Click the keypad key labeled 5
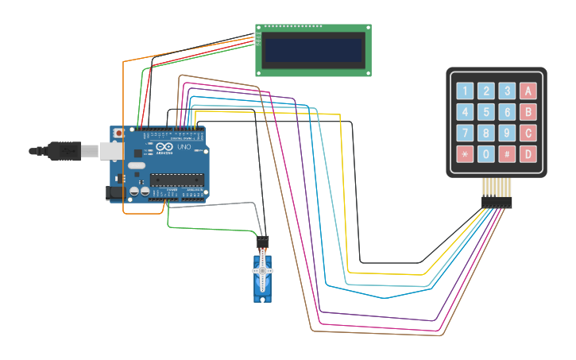pyautogui.click(x=486, y=112)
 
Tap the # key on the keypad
pyautogui.click(x=507, y=153)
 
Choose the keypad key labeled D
pyautogui.click(x=528, y=153)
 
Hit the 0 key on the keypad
pyautogui.click(x=486, y=153)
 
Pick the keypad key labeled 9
pyautogui.click(x=507, y=133)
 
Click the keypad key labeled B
pyautogui.click(x=528, y=112)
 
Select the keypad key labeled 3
pyautogui.click(x=507, y=91)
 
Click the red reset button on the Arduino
pyautogui.click(x=119, y=133)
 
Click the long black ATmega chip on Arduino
pyautogui.click(x=177, y=179)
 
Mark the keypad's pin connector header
pyautogui.click(x=497, y=202)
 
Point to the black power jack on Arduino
pyautogui.click(x=115, y=192)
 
